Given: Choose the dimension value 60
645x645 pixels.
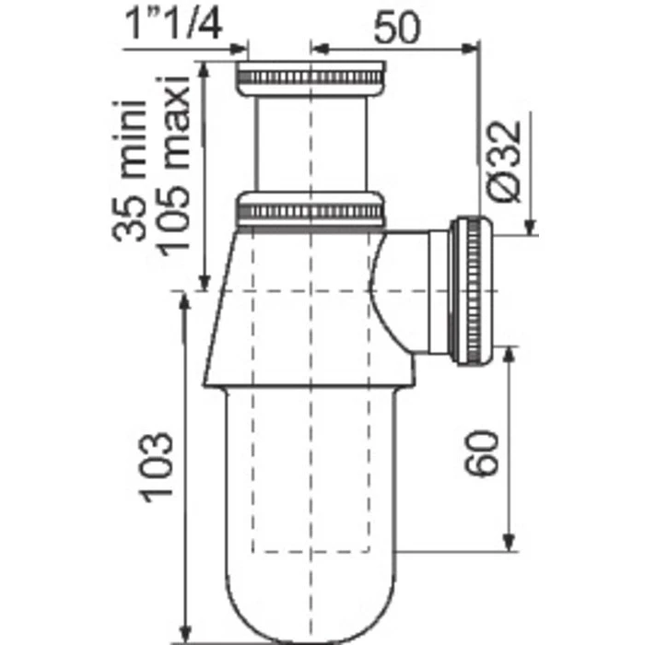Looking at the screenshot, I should [481, 450].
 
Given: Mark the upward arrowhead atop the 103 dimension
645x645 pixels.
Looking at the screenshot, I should [187, 304].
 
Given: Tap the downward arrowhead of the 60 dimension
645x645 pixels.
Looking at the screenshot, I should [508, 544].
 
